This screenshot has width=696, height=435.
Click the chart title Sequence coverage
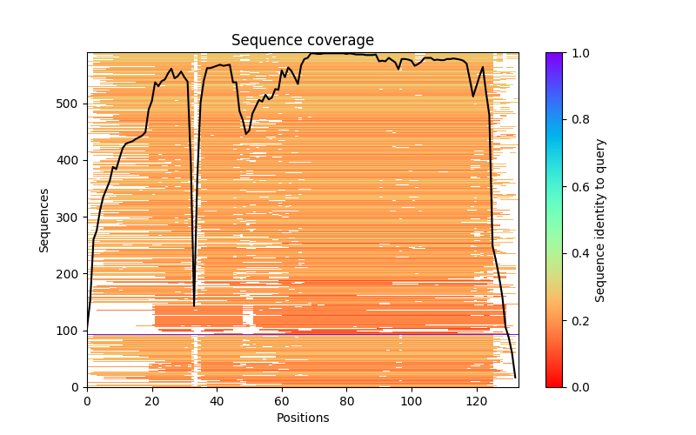point(303,40)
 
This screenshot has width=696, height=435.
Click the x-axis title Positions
point(303,418)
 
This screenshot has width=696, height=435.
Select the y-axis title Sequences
point(44,219)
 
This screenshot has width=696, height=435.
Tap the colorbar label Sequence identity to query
point(600,219)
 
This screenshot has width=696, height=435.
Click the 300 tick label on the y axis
point(70,217)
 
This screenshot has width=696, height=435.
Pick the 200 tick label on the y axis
point(70,274)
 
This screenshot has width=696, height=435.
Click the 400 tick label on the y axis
point(70,161)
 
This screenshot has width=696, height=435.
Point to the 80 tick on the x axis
point(346,387)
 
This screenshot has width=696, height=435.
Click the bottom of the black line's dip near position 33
point(194,305)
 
